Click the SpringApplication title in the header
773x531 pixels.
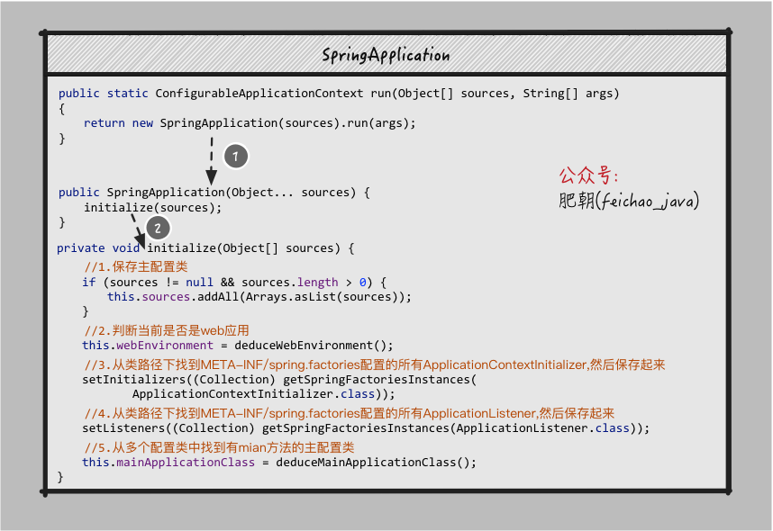tap(386, 55)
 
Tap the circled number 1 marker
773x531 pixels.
tap(234, 156)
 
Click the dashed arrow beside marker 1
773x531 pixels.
tap(212, 159)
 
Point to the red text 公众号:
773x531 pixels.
tap(589, 175)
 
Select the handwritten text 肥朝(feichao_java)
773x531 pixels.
tap(629, 201)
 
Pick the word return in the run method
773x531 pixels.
tap(104, 122)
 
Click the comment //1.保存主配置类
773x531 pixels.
tap(136, 266)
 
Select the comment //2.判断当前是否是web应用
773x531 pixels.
tap(167, 330)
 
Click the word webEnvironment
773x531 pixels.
tap(164, 345)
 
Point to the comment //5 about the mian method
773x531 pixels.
tap(219, 447)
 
